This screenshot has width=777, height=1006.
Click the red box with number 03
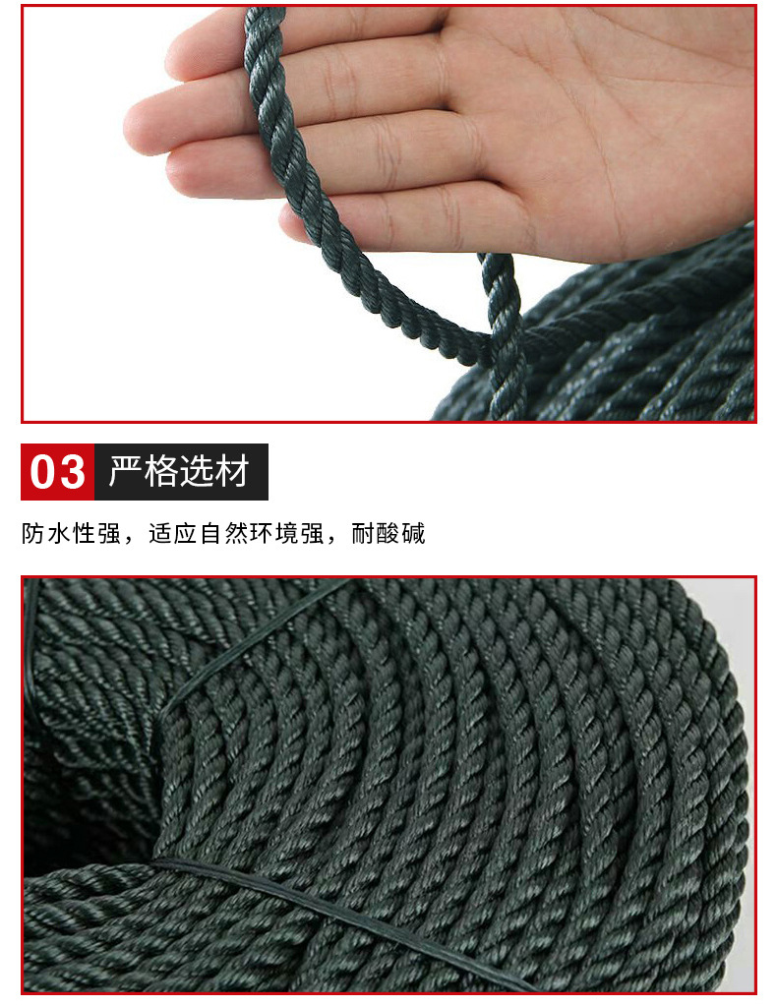point(58,472)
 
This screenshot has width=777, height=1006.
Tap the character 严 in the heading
point(127,472)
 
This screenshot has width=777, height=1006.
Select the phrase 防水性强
point(71,534)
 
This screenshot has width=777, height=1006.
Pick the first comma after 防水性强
point(131,540)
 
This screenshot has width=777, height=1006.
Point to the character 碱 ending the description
point(414,534)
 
